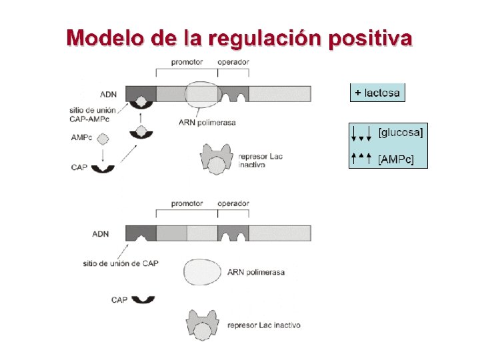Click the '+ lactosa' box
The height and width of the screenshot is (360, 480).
377,93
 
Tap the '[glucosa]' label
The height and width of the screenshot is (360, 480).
401,132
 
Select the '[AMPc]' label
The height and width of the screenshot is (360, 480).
397,159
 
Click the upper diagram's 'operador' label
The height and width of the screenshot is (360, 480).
233,62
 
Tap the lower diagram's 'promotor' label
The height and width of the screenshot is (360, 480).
187,203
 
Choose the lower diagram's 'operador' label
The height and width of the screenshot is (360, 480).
233,203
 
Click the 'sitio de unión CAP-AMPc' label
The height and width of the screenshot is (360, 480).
92,114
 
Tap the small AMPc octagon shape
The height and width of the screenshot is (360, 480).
103,139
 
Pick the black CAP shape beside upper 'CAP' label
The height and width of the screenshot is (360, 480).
103,168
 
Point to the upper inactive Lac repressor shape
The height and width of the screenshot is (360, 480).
215,159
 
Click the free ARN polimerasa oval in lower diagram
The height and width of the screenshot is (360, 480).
203,273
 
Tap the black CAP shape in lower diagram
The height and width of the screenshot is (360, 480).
143,299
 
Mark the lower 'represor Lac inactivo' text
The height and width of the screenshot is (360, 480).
263,325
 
